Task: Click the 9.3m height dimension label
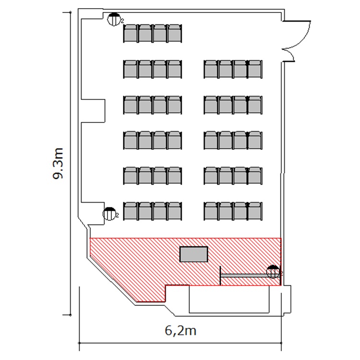(x=58, y=163)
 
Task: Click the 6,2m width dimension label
(x=180, y=331)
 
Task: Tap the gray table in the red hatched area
(x=194, y=254)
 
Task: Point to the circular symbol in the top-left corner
(x=114, y=20)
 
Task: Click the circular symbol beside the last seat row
(x=109, y=214)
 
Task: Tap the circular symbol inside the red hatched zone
(x=273, y=272)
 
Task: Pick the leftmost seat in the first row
(x=131, y=34)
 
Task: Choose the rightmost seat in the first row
(x=175, y=34)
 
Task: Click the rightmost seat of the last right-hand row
(x=255, y=211)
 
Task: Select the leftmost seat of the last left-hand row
(x=131, y=211)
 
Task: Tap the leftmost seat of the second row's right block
(x=211, y=69)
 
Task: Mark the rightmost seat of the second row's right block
(x=255, y=69)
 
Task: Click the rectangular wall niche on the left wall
(x=93, y=111)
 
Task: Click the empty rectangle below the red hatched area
(x=229, y=299)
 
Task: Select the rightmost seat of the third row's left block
(x=175, y=105)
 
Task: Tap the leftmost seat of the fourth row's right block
(x=211, y=140)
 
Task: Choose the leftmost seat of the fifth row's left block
(x=131, y=176)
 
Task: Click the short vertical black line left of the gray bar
(x=220, y=276)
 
